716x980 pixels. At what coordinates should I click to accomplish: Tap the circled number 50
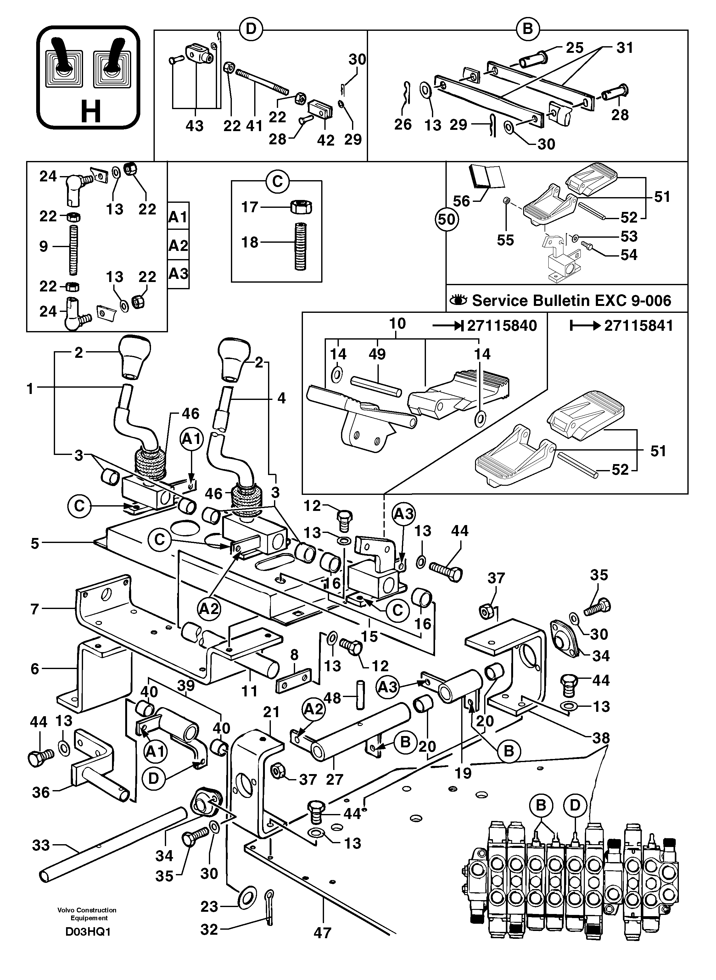tap(446, 219)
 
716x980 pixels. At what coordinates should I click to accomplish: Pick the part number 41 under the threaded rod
tap(255, 126)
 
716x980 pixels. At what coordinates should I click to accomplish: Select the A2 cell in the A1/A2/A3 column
tap(178, 246)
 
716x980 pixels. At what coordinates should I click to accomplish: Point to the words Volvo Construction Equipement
tap(87, 914)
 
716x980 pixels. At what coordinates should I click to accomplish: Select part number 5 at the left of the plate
tap(35, 544)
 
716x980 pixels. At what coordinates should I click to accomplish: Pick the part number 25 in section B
tap(575, 48)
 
